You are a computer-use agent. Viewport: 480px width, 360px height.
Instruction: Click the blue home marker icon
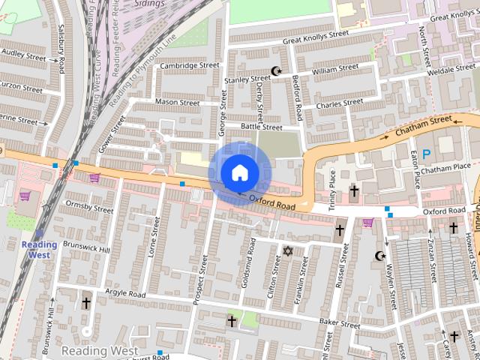pyautogui.click(x=238, y=172)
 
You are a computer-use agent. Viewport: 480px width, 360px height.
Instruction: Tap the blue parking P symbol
pyautogui.click(x=426, y=154)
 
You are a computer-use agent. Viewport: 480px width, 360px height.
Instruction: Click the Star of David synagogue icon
pyautogui.click(x=286, y=250)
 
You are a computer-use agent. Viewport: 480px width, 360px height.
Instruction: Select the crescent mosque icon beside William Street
pyautogui.click(x=276, y=72)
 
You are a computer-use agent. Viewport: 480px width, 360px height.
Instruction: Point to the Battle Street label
pyautogui.click(x=261, y=127)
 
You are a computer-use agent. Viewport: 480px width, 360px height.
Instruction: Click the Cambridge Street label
pyautogui.click(x=188, y=65)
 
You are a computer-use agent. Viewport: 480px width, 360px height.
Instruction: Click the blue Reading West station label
pyautogui.click(x=38, y=250)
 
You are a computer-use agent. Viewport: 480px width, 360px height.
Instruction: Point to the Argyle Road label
pyautogui.click(x=124, y=295)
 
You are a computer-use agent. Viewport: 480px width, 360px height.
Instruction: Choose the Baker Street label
pyautogui.click(x=339, y=325)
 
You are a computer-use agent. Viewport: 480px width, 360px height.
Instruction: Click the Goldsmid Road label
pyautogui.click(x=251, y=266)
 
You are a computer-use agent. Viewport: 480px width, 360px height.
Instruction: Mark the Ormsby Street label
pyautogui.click(x=88, y=206)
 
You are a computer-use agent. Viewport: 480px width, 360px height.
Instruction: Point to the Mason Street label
pyautogui.click(x=177, y=101)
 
